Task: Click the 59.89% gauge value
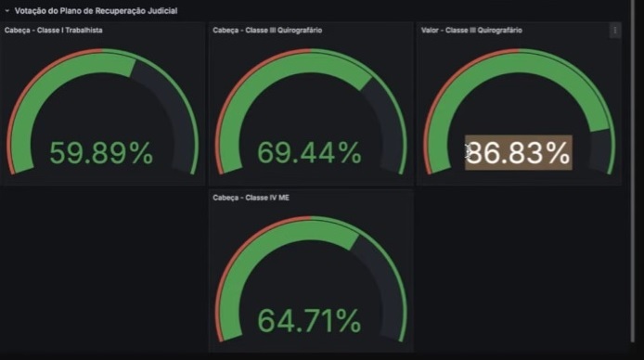click(101, 153)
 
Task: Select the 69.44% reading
click(309, 153)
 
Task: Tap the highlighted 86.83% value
click(519, 153)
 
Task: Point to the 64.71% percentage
click(309, 321)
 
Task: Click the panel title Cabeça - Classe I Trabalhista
click(54, 31)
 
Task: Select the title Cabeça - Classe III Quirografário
click(267, 31)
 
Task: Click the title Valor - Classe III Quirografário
click(471, 31)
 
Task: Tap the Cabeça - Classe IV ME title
click(251, 198)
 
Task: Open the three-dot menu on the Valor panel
click(615, 31)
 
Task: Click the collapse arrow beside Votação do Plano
click(7, 11)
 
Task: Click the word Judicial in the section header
click(162, 11)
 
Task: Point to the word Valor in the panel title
click(430, 31)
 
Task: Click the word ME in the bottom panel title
click(284, 198)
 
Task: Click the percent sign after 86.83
click(558, 153)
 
